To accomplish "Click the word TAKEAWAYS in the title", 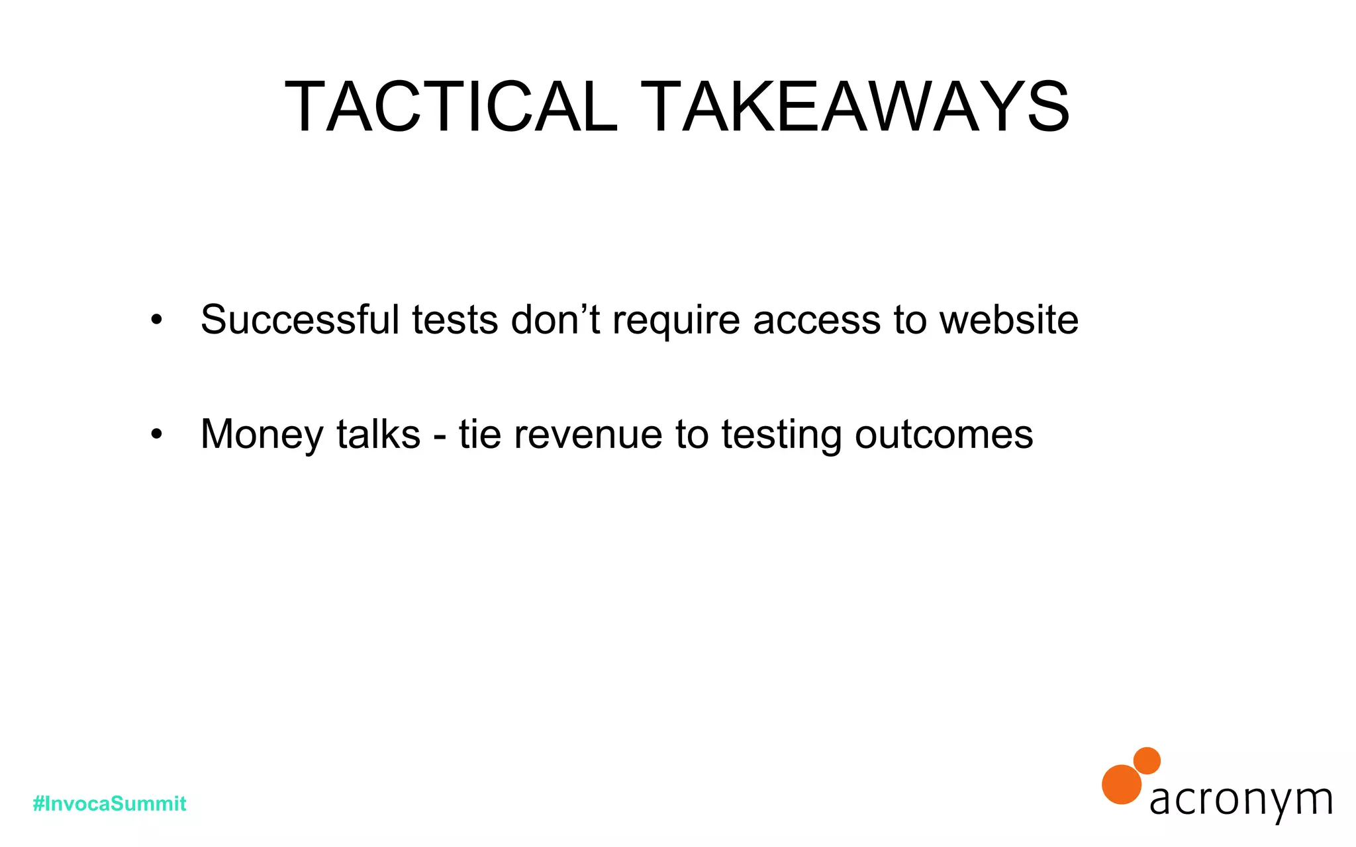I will point(855,107).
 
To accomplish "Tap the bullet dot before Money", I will point(156,435).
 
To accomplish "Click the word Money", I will point(262,435).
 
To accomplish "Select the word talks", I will point(378,435).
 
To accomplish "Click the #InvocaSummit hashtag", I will point(109,804).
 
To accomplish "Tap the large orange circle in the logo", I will point(1122,785).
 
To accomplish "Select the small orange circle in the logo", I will point(1147,760).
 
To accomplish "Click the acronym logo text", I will point(1241,801).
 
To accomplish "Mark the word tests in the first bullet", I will point(455,320).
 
